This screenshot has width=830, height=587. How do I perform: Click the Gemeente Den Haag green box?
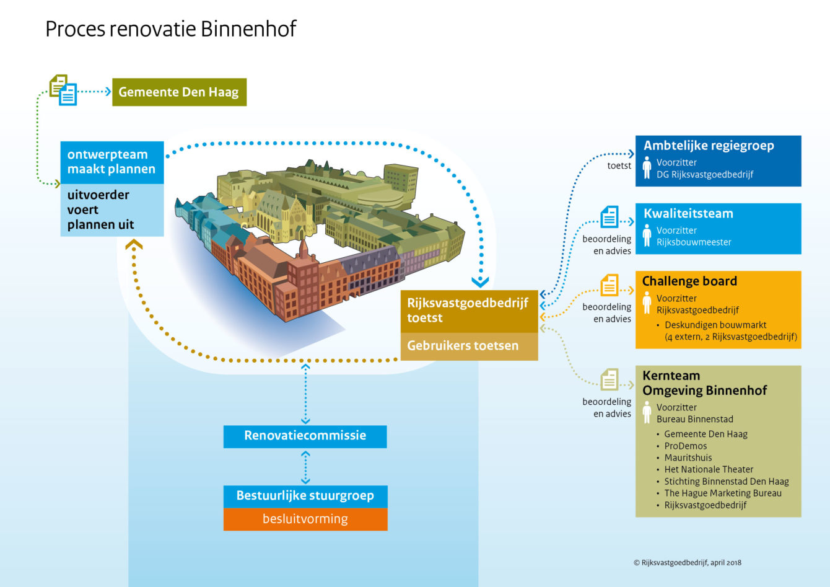pos(180,92)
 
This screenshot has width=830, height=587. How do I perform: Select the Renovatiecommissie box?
pos(305,436)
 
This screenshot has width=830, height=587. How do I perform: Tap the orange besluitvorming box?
pos(305,519)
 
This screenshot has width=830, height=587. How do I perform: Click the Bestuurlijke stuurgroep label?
pos(305,496)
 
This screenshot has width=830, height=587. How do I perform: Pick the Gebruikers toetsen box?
pos(469,346)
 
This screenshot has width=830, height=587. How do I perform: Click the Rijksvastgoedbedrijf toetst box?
pos(469,311)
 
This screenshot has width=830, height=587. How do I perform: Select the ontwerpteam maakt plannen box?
pos(112,162)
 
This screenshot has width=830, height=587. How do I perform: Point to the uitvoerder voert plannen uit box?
pos(112,210)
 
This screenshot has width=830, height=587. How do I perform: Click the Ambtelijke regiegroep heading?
pos(709,146)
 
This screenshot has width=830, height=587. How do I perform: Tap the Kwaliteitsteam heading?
pos(688,213)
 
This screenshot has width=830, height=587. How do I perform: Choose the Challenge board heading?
pos(689,281)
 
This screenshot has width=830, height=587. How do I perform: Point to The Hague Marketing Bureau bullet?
pos(719,493)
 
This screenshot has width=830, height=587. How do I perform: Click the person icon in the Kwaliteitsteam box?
pos(647,235)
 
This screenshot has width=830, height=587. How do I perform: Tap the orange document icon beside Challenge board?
pos(609,285)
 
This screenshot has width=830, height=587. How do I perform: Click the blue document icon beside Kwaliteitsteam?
pos(609,216)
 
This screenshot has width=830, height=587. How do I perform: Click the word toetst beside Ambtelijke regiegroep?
pos(619,166)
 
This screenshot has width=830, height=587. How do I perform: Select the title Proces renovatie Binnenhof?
pos(171,29)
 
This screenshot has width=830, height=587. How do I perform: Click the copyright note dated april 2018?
pos(688,563)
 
